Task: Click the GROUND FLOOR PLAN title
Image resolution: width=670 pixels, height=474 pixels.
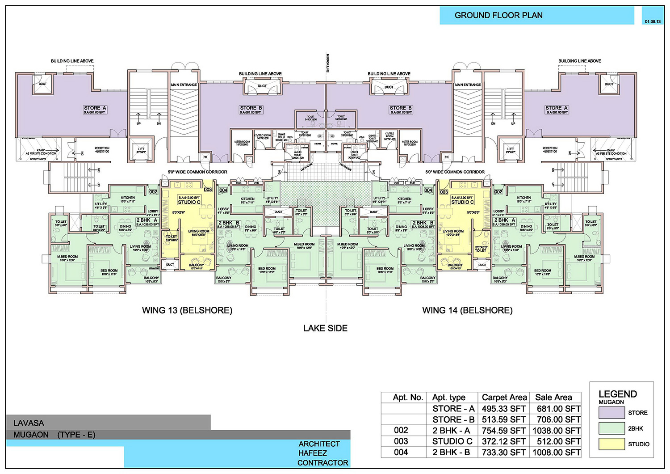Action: (498, 15)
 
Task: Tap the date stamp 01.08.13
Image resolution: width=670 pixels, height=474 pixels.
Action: (653, 21)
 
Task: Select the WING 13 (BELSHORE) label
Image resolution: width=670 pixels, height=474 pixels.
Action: (187, 310)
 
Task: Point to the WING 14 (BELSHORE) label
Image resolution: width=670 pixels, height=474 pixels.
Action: (467, 310)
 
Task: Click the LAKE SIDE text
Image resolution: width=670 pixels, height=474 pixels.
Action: (325, 328)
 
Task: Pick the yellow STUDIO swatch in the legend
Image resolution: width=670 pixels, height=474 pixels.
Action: (611, 444)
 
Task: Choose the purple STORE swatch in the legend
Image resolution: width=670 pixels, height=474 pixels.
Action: (611, 413)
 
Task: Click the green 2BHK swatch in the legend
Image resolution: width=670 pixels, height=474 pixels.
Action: (611, 428)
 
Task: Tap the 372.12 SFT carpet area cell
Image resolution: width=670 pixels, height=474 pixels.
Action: (503, 441)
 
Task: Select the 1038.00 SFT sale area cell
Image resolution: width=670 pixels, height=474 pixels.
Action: (556, 431)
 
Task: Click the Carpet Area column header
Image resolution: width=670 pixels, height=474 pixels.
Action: (504, 398)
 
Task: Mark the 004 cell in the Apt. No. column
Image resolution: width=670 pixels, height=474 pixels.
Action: (401, 453)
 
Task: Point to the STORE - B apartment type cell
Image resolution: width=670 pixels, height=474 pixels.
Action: (453, 419)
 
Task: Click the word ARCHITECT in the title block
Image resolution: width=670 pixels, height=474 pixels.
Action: (319, 444)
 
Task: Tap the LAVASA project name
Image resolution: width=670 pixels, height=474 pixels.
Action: (29, 423)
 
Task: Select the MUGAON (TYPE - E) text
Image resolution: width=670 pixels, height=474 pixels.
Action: (54, 435)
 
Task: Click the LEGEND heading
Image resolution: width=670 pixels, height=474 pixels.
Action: (617, 394)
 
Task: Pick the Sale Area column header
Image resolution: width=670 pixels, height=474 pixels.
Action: (553, 398)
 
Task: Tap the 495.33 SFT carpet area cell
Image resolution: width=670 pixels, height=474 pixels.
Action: (503, 409)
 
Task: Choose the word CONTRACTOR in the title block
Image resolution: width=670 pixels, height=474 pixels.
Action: (322, 463)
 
